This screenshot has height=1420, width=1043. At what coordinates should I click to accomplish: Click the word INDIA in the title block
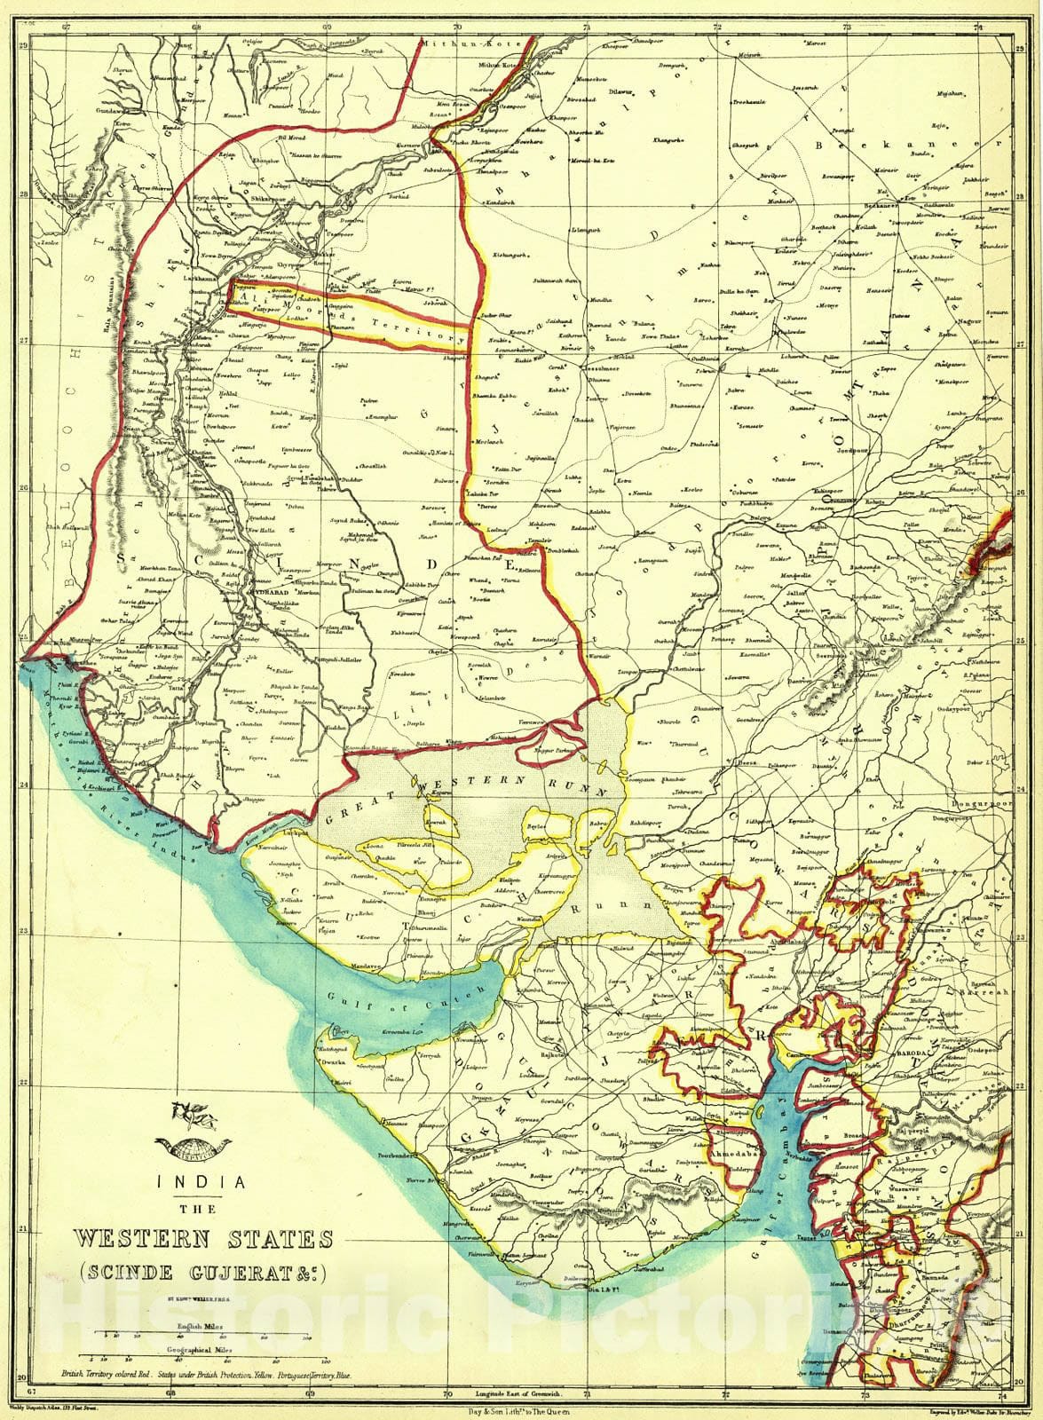pos(201,1181)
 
